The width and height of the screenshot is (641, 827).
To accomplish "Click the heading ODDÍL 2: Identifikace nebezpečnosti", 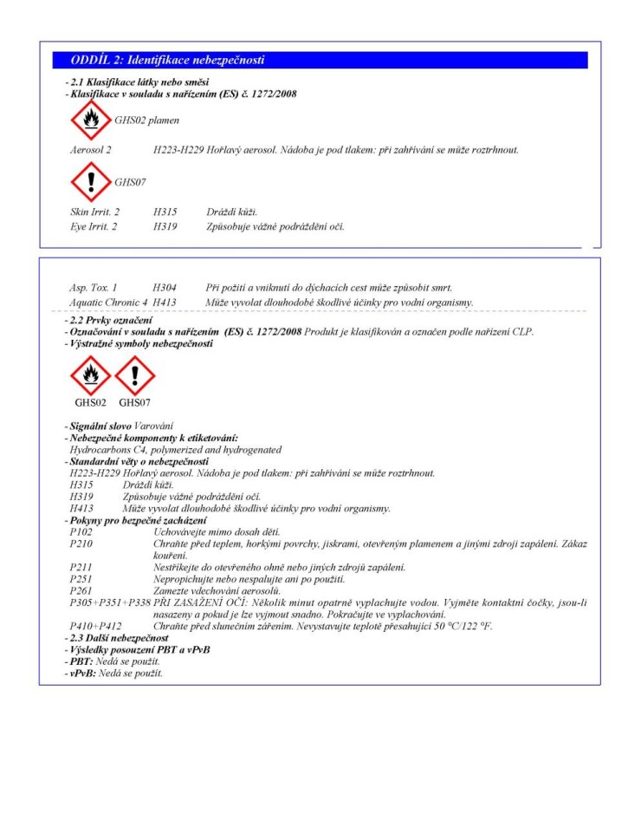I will coord(167,60).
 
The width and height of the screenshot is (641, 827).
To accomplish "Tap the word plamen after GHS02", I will coord(164,120).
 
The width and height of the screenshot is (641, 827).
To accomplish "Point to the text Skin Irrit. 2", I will coord(94,212).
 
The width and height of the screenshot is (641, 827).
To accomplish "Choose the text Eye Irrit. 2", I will coord(94,227).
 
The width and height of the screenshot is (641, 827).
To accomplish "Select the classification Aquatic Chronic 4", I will coord(108,302).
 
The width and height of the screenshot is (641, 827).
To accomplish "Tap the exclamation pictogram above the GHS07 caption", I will coord(134,375).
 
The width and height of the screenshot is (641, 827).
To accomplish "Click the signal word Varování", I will coord(153,426).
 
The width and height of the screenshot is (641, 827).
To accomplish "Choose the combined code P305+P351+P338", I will coord(108,602).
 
